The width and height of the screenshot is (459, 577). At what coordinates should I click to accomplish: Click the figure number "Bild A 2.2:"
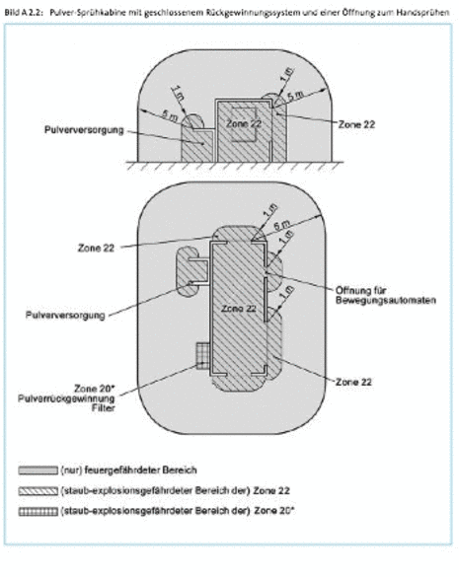(x=24, y=13)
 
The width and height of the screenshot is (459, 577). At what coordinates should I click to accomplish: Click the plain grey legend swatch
(x=38, y=470)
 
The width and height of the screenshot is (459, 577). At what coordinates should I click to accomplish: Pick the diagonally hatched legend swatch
(x=38, y=491)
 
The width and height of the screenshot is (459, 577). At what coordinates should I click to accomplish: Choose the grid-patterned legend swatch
(x=38, y=512)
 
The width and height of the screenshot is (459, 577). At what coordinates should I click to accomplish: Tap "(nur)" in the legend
(x=71, y=470)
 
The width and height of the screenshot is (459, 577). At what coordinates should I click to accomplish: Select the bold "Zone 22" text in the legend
(x=271, y=490)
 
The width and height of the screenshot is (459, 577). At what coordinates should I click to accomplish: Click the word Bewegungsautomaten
(x=386, y=300)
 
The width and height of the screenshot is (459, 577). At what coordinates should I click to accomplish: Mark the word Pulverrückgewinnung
(x=67, y=398)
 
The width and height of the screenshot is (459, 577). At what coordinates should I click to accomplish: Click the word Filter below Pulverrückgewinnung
(x=104, y=408)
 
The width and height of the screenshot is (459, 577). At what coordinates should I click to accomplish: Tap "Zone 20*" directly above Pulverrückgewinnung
(x=95, y=389)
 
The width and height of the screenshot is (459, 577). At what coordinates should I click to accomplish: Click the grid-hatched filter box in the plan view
(x=202, y=356)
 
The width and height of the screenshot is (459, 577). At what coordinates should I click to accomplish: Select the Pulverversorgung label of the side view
(x=84, y=130)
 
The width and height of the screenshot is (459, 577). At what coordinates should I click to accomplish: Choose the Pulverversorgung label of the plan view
(x=65, y=316)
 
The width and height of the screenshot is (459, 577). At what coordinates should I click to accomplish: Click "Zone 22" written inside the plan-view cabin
(x=238, y=309)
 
